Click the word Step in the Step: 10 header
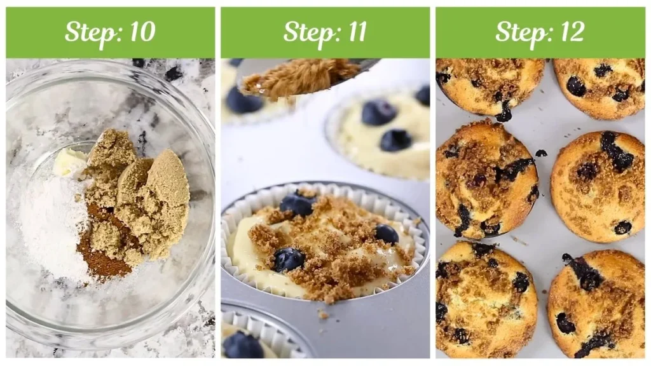pyautogui.click(x=88, y=32)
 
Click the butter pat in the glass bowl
pyautogui.click(x=70, y=163)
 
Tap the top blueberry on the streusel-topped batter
pyautogui.click(x=297, y=205)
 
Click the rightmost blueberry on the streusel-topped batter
pyautogui.click(x=386, y=234)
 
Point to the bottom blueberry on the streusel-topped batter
pyautogui.click(x=289, y=259)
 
